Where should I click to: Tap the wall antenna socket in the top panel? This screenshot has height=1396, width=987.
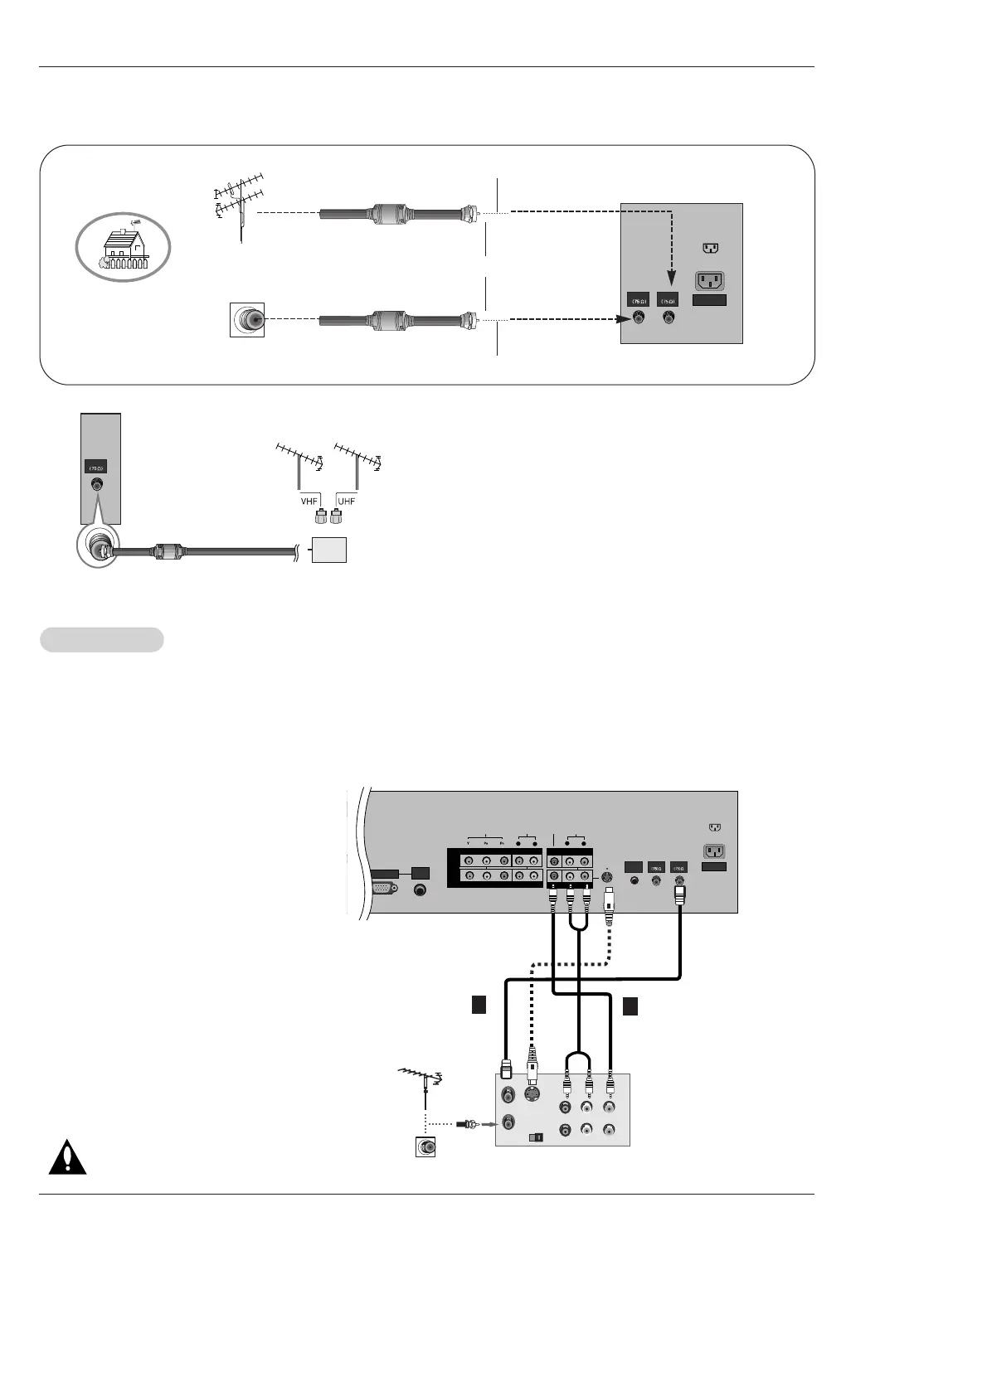[x=247, y=320]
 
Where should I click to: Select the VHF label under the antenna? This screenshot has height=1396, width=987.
[x=309, y=502]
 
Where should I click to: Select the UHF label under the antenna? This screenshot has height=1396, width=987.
[x=346, y=502]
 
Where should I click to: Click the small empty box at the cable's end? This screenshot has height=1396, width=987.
[x=328, y=550]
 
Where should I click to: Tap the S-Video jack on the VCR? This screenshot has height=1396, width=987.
[x=532, y=1095]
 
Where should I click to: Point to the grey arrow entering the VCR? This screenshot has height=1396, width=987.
[x=489, y=1125]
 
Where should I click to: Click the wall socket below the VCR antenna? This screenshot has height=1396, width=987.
[x=426, y=1147]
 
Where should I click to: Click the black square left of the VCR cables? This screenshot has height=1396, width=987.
[x=478, y=1006]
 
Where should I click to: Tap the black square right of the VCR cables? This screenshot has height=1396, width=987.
[x=630, y=1006]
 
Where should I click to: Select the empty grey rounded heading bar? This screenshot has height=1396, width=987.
[x=102, y=640]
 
